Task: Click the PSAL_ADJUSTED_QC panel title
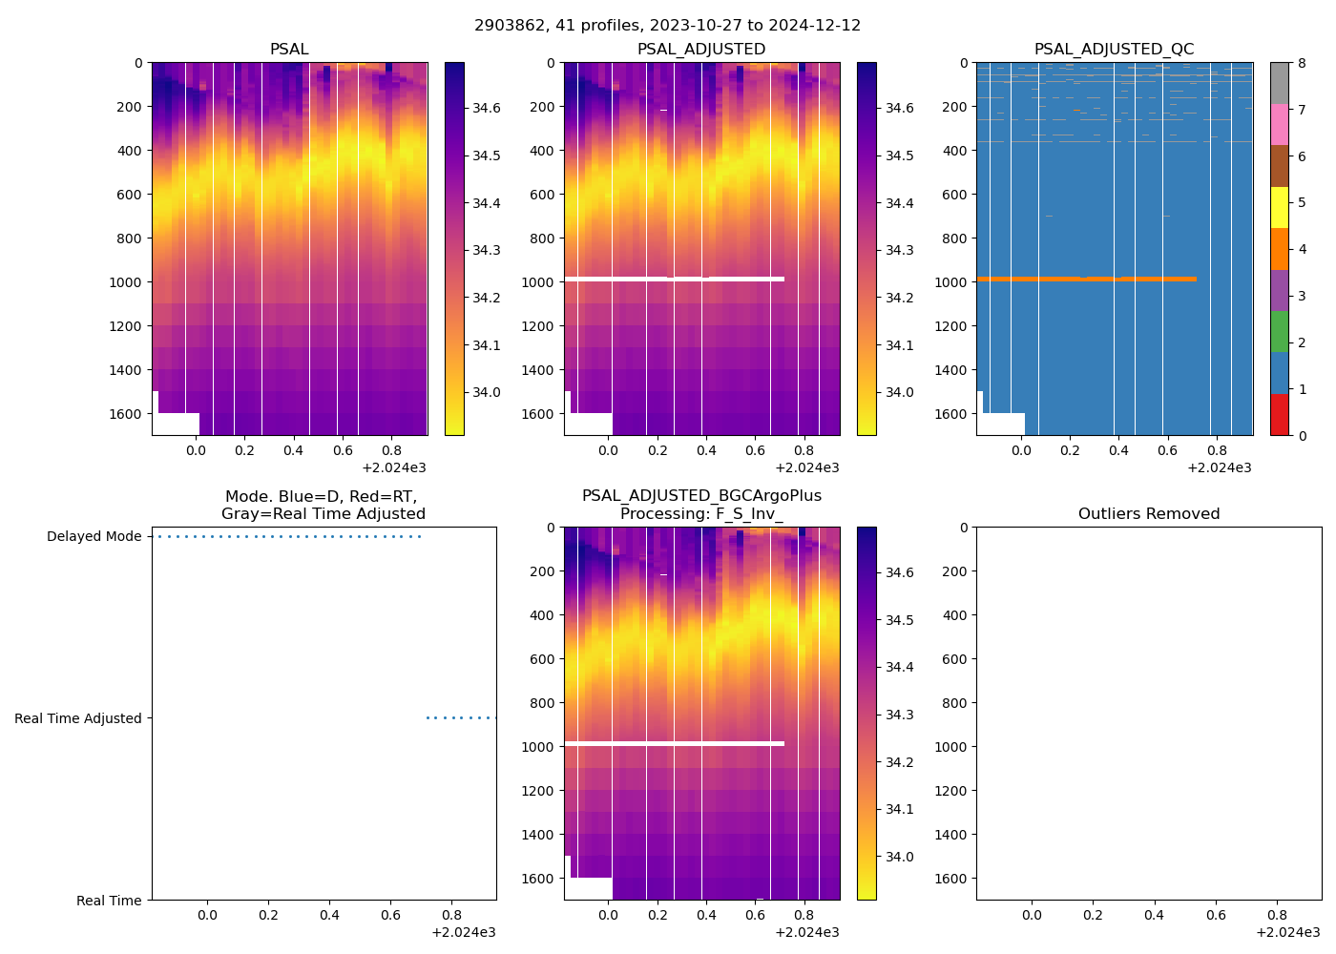point(1114,50)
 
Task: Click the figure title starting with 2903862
point(667,26)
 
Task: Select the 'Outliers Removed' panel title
point(1149,514)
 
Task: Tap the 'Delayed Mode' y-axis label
point(94,537)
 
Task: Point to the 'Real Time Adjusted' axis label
point(78,718)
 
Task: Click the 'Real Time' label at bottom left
point(109,901)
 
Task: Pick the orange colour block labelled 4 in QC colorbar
point(1279,249)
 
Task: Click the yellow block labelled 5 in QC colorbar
point(1279,207)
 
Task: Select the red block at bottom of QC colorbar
point(1279,415)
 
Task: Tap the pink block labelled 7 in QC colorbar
point(1279,124)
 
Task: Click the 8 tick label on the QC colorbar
point(1302,63)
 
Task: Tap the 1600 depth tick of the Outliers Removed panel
point(954,879)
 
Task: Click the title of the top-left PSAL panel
point(289,50)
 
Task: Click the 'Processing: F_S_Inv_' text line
point(701,514)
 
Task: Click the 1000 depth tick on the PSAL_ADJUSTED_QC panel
point(954,282)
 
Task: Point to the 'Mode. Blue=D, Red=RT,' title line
point(322,497)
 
